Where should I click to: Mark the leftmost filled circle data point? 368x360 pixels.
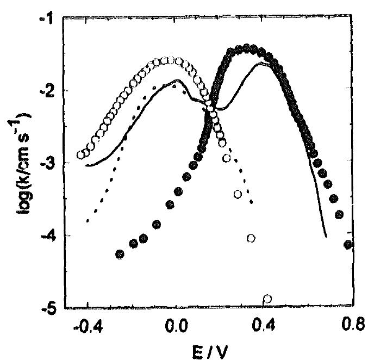120,254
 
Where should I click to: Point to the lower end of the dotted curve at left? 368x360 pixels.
88,221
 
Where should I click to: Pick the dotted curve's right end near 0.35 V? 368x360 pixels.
252,203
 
